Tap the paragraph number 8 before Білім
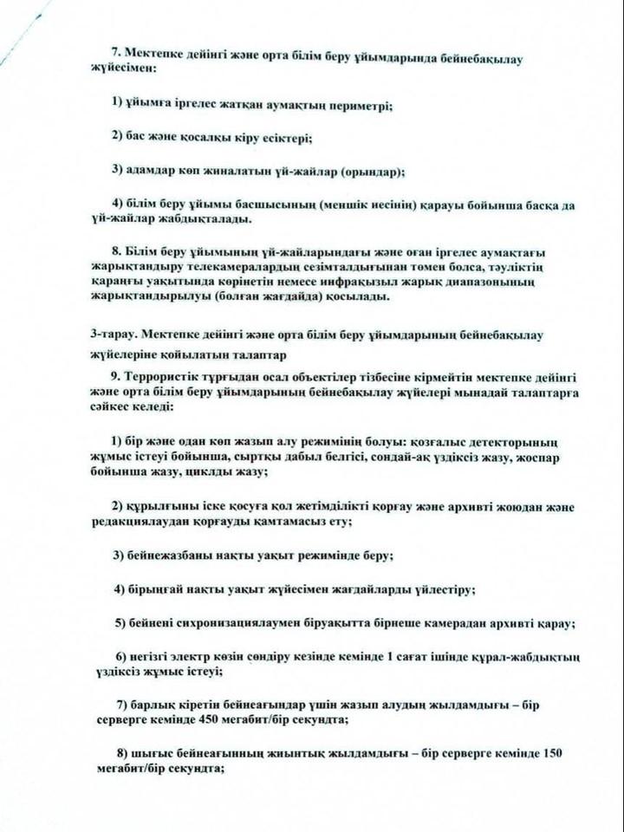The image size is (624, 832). [116, 250]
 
